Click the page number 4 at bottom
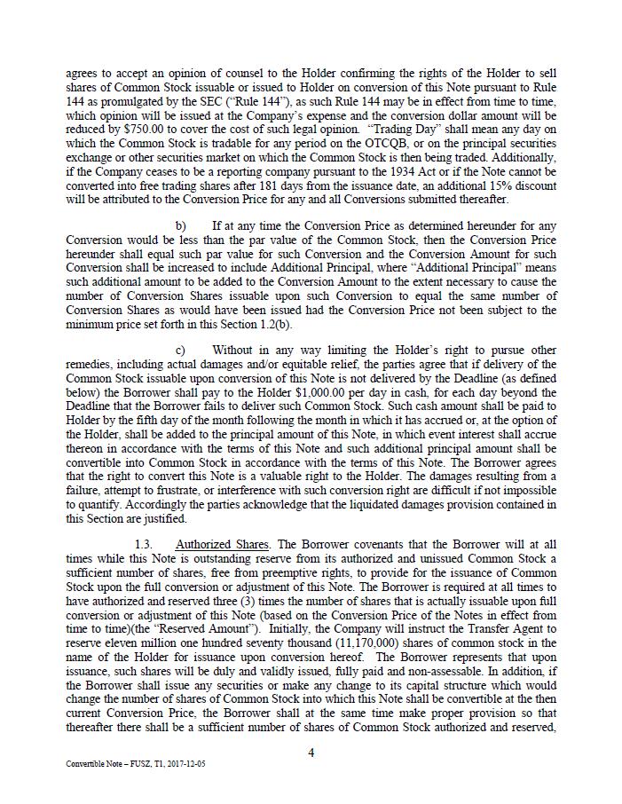(x=311, y=753)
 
